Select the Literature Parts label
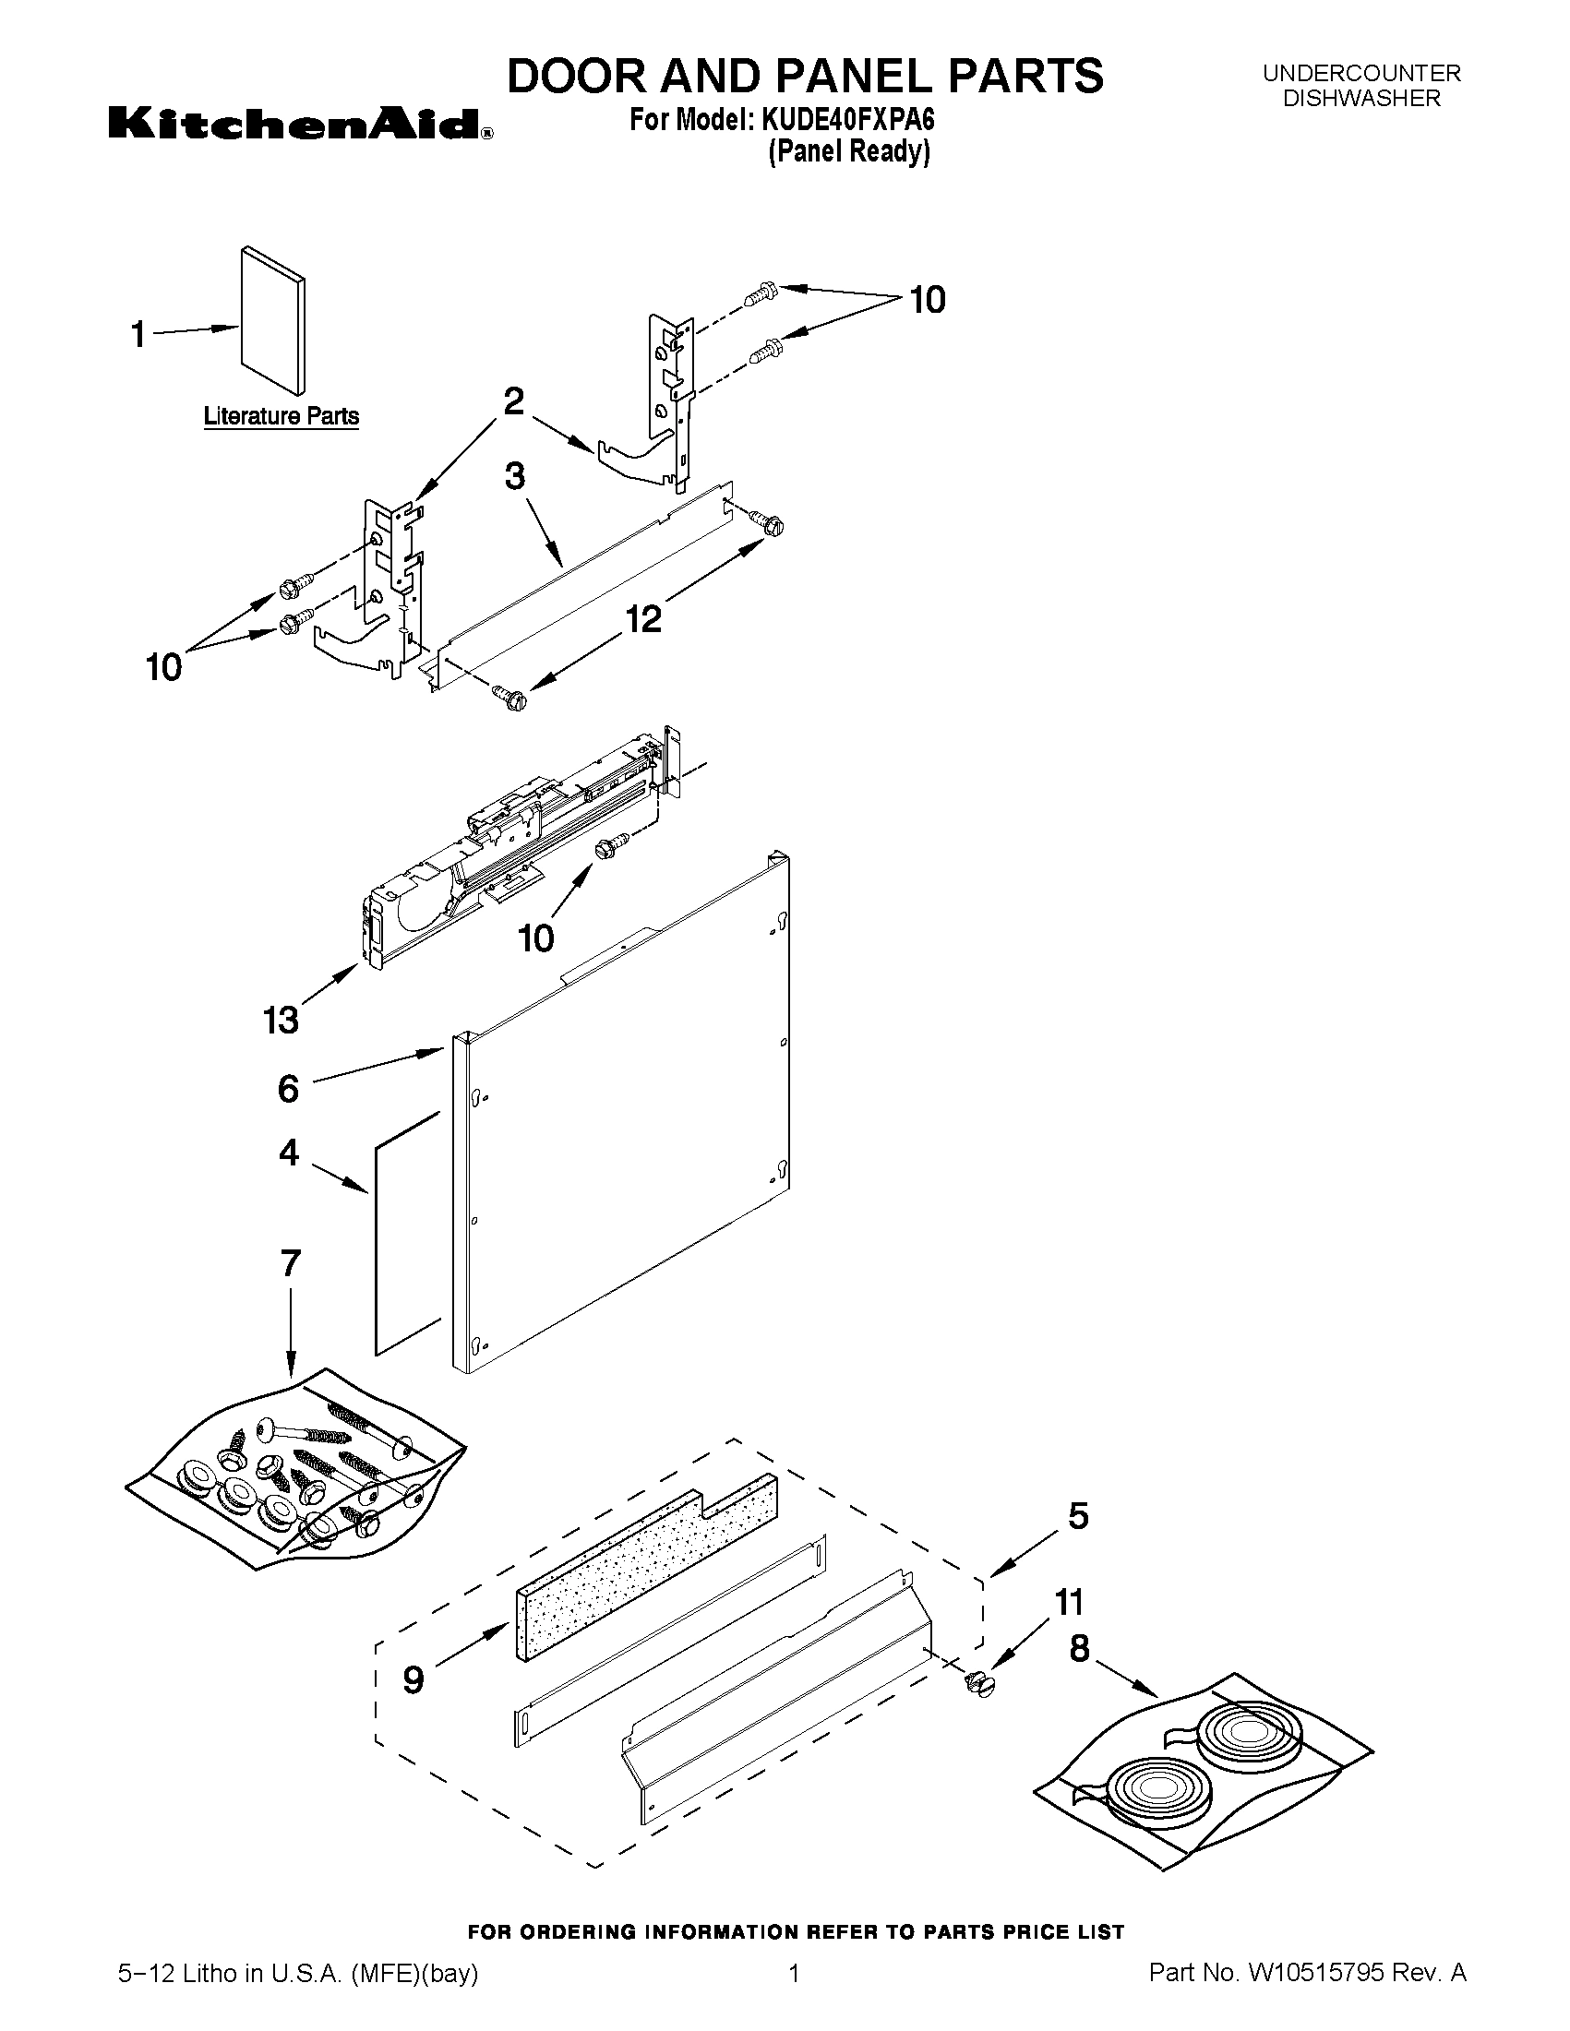click(281, 415)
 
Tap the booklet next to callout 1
click(271, 322)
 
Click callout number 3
click(514, 476)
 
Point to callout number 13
click(280, 1020)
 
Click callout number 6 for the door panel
click(288, 1088)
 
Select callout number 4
click(289, 1153)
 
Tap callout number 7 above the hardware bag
click(290, 1264)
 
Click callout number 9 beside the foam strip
click(413, 1679)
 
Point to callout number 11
click(1070, 1602)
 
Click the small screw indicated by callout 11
click(976, 1684)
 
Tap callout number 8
click(1079, 1649)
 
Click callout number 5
click(1077, 1516)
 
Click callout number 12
click(642, 617)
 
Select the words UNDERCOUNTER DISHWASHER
click(1360, 86)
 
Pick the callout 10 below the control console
click(536, 938)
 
